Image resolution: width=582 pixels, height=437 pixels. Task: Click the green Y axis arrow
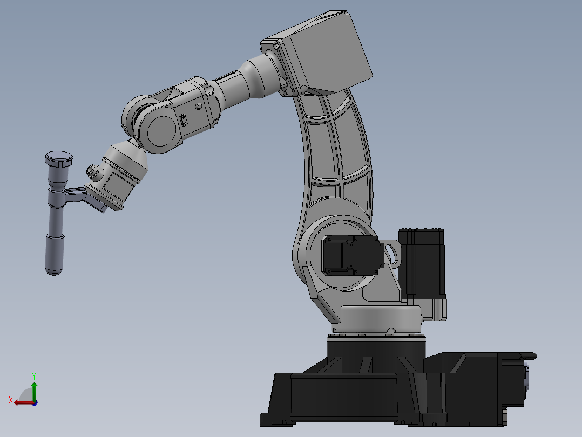(34, 389)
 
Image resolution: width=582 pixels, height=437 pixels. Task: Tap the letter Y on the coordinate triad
(34, 375)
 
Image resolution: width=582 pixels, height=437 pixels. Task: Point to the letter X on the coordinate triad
(11, 400)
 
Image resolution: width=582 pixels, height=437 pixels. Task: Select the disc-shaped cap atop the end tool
(58, 158)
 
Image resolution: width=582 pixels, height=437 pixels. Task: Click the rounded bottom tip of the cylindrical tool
(53, 271)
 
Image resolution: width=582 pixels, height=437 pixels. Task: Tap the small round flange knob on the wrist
(94, 172)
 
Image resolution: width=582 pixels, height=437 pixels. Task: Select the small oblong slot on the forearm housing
(183, 120)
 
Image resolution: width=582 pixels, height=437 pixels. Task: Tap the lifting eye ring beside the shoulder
(393, 253)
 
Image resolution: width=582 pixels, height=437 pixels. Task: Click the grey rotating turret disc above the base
(381, 316)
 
